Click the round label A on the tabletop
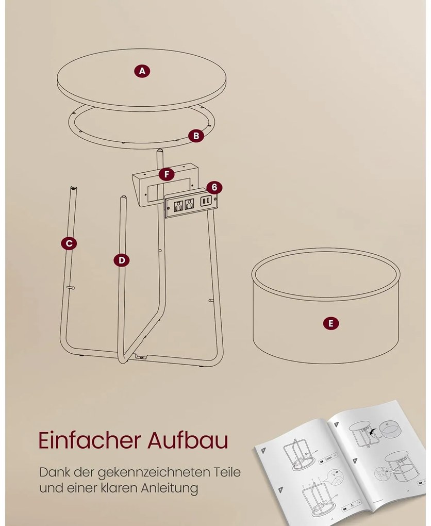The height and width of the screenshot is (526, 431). (142, 71)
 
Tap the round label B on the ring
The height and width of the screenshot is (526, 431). (196, 136)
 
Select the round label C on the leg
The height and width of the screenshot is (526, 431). (69, 243)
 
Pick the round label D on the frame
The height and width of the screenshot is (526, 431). (122, 260)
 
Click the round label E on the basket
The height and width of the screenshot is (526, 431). (331, 323)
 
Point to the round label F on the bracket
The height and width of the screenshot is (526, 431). (167, 174)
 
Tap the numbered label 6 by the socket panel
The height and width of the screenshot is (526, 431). (214, 187)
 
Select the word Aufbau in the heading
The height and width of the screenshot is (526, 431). (188, 440)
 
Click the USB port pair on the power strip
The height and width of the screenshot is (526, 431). (205, 201)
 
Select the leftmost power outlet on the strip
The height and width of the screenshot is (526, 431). (178, 205)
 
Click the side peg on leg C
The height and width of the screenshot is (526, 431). (71, 287)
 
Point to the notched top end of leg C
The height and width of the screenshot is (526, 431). (73, 188)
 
